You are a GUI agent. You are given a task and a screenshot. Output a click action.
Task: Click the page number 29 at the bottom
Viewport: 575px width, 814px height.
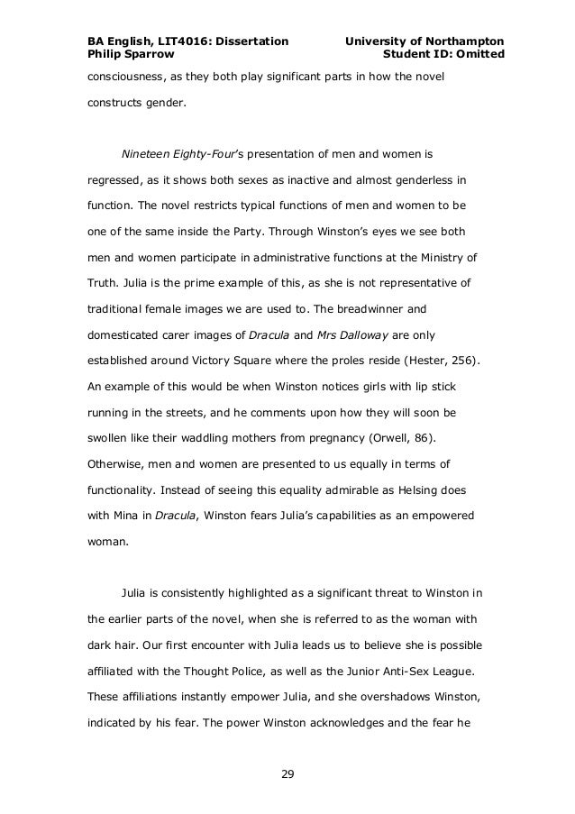pos(287,773)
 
